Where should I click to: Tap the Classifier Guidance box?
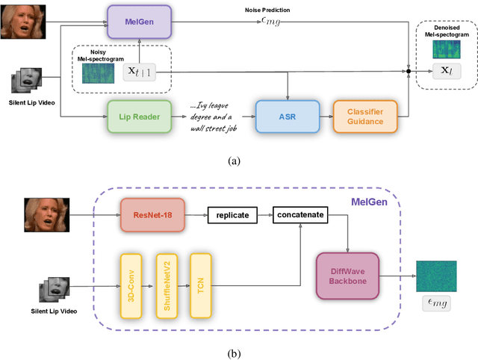click(x=364, y=117)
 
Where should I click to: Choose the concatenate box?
click(x=299, y=214)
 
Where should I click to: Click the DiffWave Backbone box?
click(x=347, y=276)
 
